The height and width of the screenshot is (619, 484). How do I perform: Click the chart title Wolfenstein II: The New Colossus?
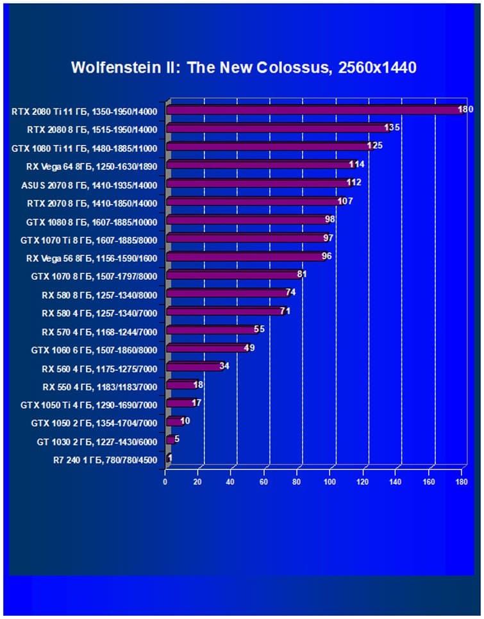click(244, 67)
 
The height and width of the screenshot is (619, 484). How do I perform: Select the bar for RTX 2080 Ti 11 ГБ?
click(314, 110)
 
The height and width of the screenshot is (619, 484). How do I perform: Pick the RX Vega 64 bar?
click(260, 165)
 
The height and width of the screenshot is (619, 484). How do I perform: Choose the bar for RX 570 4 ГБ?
click(212, 330)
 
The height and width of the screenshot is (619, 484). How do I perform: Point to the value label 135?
click(392, 128)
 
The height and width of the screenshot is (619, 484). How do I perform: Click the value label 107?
click(346, 201)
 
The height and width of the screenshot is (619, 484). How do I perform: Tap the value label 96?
click(326, 256)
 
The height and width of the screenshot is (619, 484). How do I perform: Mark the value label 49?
click(249, 348)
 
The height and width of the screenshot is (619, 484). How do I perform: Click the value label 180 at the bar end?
click(465, 110)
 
